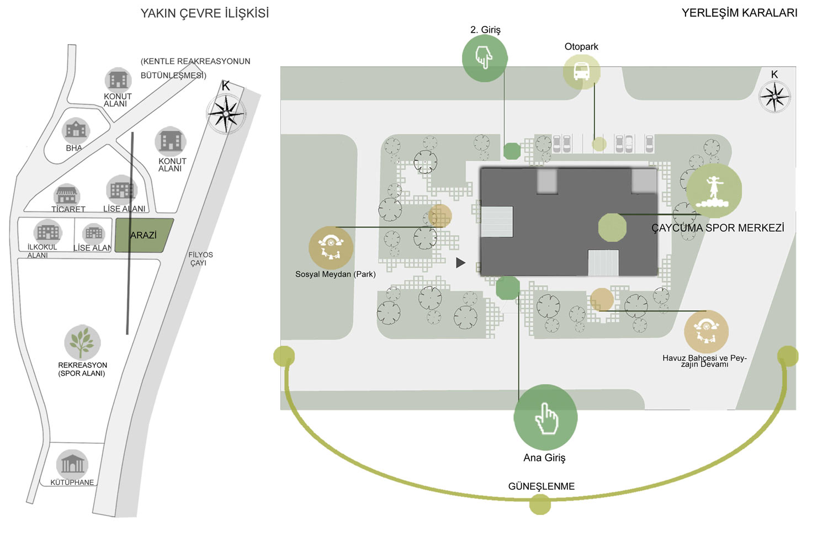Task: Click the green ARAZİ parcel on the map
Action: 144,236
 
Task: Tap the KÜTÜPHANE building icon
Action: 72,464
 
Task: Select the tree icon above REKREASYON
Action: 82,342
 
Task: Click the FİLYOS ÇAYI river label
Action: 200,259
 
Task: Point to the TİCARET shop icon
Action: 67,195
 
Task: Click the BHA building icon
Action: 76,130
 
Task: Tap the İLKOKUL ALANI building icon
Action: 47,232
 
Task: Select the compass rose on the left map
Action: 225,114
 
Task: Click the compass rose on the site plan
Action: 774,97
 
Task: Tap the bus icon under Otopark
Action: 581,72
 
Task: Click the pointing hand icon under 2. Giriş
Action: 485,58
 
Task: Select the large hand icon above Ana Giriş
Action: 545,417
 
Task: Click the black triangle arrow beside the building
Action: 460,263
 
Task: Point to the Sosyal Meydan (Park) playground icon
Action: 331,248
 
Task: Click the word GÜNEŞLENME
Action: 541,486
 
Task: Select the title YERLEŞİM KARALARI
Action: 739,13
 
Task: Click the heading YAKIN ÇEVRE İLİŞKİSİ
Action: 204,13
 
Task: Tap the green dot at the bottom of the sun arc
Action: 540,504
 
